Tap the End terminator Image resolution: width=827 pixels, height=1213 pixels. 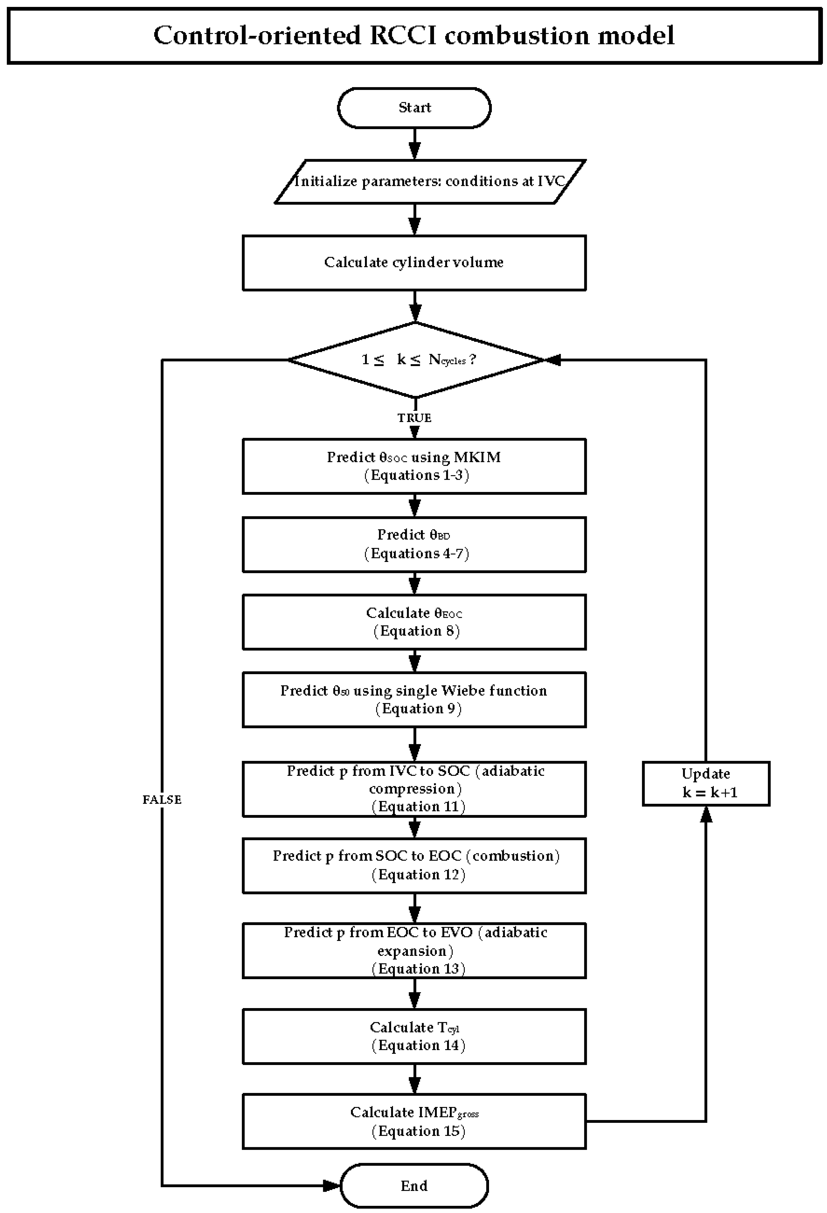coord(414,1186)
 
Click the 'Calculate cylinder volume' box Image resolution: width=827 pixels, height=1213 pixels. coord(414,263)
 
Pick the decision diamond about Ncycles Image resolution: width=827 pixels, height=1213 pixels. coord(416,360)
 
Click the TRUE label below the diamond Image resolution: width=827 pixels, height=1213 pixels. coord(414,417)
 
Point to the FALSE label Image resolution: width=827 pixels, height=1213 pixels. coord(162,800)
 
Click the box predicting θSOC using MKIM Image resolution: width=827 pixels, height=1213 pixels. coord(414,466)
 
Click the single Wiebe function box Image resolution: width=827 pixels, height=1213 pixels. coord(414,699)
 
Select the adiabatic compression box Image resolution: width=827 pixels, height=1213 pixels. coord(414,789)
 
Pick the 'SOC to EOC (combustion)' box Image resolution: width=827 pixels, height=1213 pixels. coord(414,865)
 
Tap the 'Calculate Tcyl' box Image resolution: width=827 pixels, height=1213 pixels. coord(414,1036)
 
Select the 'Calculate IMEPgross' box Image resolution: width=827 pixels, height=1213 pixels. coord(414,1121)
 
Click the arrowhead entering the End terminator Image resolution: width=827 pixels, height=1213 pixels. coord(332,1186)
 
